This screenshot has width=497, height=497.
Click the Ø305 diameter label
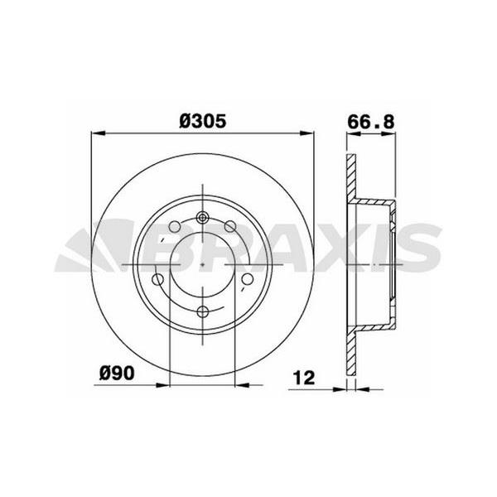click(x=204, y=120)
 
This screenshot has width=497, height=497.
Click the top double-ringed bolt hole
click(x=203, y=220)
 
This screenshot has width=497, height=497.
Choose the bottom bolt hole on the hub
click(x=203, y=311)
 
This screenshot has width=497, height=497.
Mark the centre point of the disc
click(x=203, y=265)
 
